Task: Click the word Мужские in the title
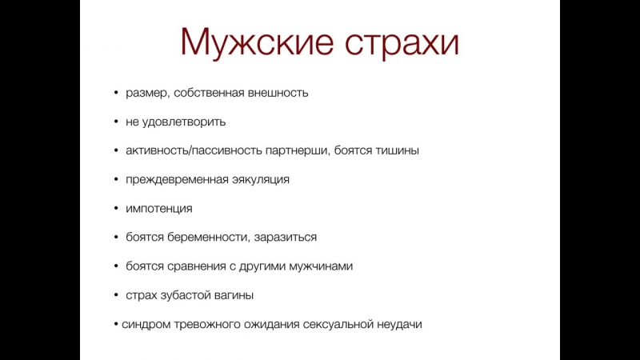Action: (x=257, y=42)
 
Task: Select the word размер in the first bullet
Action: (x=146, y=94)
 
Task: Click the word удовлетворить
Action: (x=184, y=122)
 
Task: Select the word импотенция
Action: (x=158, y=209)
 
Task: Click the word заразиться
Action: (x=286, y=238)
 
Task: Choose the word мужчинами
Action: (x=321, y=266)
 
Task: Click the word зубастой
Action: (x=187, y=295)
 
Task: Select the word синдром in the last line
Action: (x=146, y=325)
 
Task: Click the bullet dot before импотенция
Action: (x=116, y=209)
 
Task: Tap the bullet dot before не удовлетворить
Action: (x=116, y=122)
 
